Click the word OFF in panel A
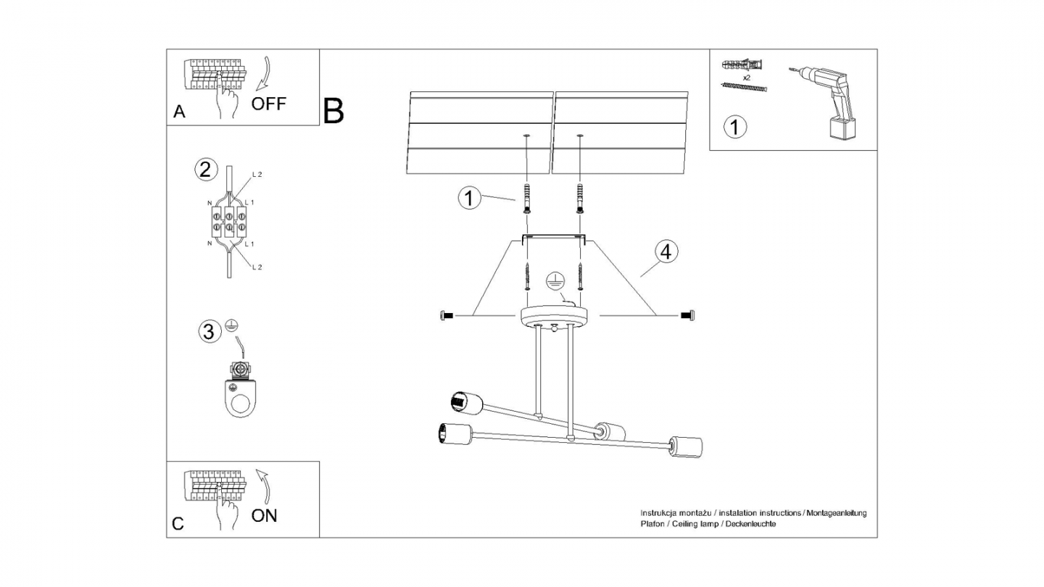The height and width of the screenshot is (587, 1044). tap(269, 103)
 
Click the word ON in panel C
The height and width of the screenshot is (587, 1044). tap(264, 515)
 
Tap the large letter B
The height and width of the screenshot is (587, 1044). tap(333, 111)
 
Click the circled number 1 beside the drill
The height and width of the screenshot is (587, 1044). tap(735, 127)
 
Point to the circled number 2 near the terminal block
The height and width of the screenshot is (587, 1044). tap(206, 170)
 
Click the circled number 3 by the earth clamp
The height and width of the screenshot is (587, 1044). tap(209, 332)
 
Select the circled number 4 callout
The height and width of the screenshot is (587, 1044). tap(666, 251)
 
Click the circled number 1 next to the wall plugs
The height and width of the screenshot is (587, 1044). tap(470, 198)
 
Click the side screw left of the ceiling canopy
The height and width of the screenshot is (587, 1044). tap(447, 315)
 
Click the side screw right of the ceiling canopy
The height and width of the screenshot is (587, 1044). tap(687, 315)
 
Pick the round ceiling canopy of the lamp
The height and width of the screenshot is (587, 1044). tap(555, 316)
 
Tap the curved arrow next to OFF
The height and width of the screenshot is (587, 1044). tap(265, 72)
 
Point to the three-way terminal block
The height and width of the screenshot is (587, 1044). tap(229, 222)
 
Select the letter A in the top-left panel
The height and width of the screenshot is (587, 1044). tap(179, 112)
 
